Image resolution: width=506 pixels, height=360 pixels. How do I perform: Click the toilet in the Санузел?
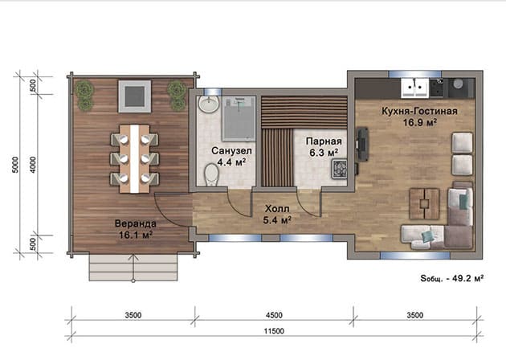point(212,174)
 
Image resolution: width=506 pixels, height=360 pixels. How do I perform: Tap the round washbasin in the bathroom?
point(209,104)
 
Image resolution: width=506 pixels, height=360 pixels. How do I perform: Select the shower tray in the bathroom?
point(239,118)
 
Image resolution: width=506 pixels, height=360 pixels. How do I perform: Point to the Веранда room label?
point(136,223)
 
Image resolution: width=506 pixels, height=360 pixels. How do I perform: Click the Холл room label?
point(277,209)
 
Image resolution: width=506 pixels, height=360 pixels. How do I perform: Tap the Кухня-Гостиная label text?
point(419,111)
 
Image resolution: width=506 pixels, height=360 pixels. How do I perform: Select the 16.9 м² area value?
point(420,122)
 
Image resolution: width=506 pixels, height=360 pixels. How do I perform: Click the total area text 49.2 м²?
point(467,278)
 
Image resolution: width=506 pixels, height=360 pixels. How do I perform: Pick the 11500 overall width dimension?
point(274,331)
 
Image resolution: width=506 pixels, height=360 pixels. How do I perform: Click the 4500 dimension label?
point(274,315)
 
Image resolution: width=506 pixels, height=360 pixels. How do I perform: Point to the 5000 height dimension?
point(15,165)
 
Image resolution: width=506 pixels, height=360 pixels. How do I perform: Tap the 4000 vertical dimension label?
point(33,165)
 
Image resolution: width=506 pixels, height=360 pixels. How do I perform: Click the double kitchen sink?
point(414,88)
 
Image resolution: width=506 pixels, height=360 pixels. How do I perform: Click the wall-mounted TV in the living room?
point(363,145)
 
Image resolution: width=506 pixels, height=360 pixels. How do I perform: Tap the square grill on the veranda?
point(135,96)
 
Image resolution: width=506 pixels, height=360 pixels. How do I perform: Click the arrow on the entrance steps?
point(133,268)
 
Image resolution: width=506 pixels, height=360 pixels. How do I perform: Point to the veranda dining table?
point(135,159)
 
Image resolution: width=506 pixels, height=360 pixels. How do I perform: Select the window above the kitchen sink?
point(414,74)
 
